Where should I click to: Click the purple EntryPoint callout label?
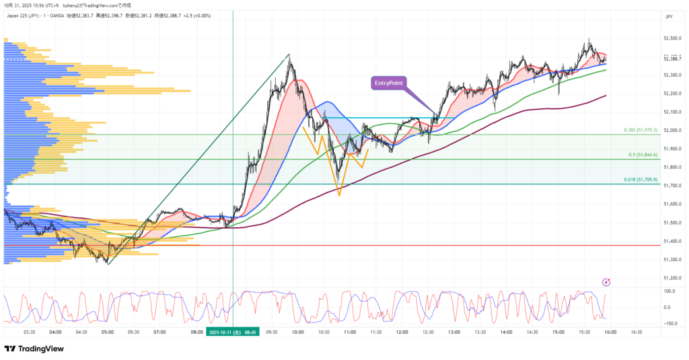(390, 83)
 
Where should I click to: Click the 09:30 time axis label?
(271, 332)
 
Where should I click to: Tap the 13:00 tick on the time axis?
(454, 332)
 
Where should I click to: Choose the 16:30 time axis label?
(636, 332)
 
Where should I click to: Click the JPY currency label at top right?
(669, 16)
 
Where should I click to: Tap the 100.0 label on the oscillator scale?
(670, 291)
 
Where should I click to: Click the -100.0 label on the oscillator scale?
(670, 324)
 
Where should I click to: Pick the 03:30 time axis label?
(29, 332)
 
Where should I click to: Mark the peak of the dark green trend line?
(289, 55)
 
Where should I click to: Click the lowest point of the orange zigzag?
(339, 195)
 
